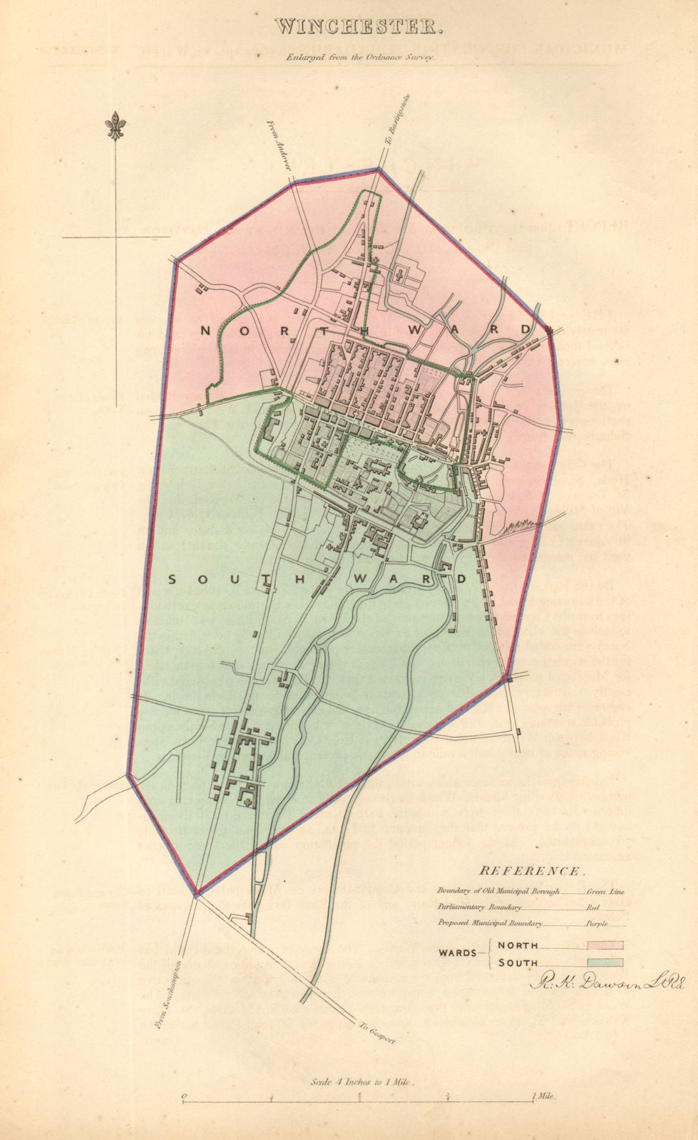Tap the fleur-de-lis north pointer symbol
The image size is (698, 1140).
point(116,127)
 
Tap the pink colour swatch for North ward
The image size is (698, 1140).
point(605,945)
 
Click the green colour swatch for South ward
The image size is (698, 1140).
point(605,963)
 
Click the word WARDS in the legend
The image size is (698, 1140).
point(457,954)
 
